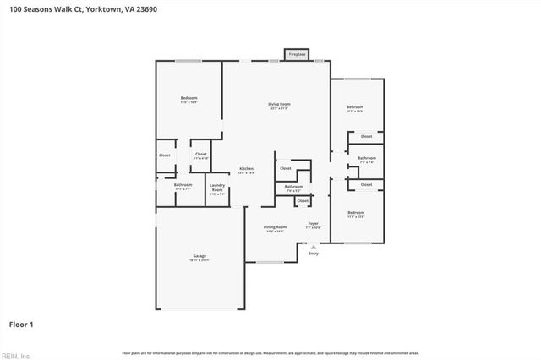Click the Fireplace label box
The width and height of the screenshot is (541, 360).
point(297,54)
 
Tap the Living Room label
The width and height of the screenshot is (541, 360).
point(279,104)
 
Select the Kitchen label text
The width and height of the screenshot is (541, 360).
point(245,168)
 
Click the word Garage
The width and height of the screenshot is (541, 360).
point(199,256)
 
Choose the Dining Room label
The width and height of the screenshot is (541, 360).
point(275,226)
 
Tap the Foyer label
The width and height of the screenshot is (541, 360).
point(313,224)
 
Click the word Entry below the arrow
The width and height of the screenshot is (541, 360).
point(314,254)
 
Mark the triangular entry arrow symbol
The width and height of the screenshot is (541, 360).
point(314,246)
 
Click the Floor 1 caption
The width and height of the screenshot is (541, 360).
point(21,324)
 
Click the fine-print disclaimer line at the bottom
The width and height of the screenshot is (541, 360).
point(270,352)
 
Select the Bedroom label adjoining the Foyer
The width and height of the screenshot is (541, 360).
point(355,212)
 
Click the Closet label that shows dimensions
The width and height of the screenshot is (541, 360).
point(201,155)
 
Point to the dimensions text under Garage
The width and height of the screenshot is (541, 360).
point(199,260)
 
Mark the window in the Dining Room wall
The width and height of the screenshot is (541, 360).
point(270,262)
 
